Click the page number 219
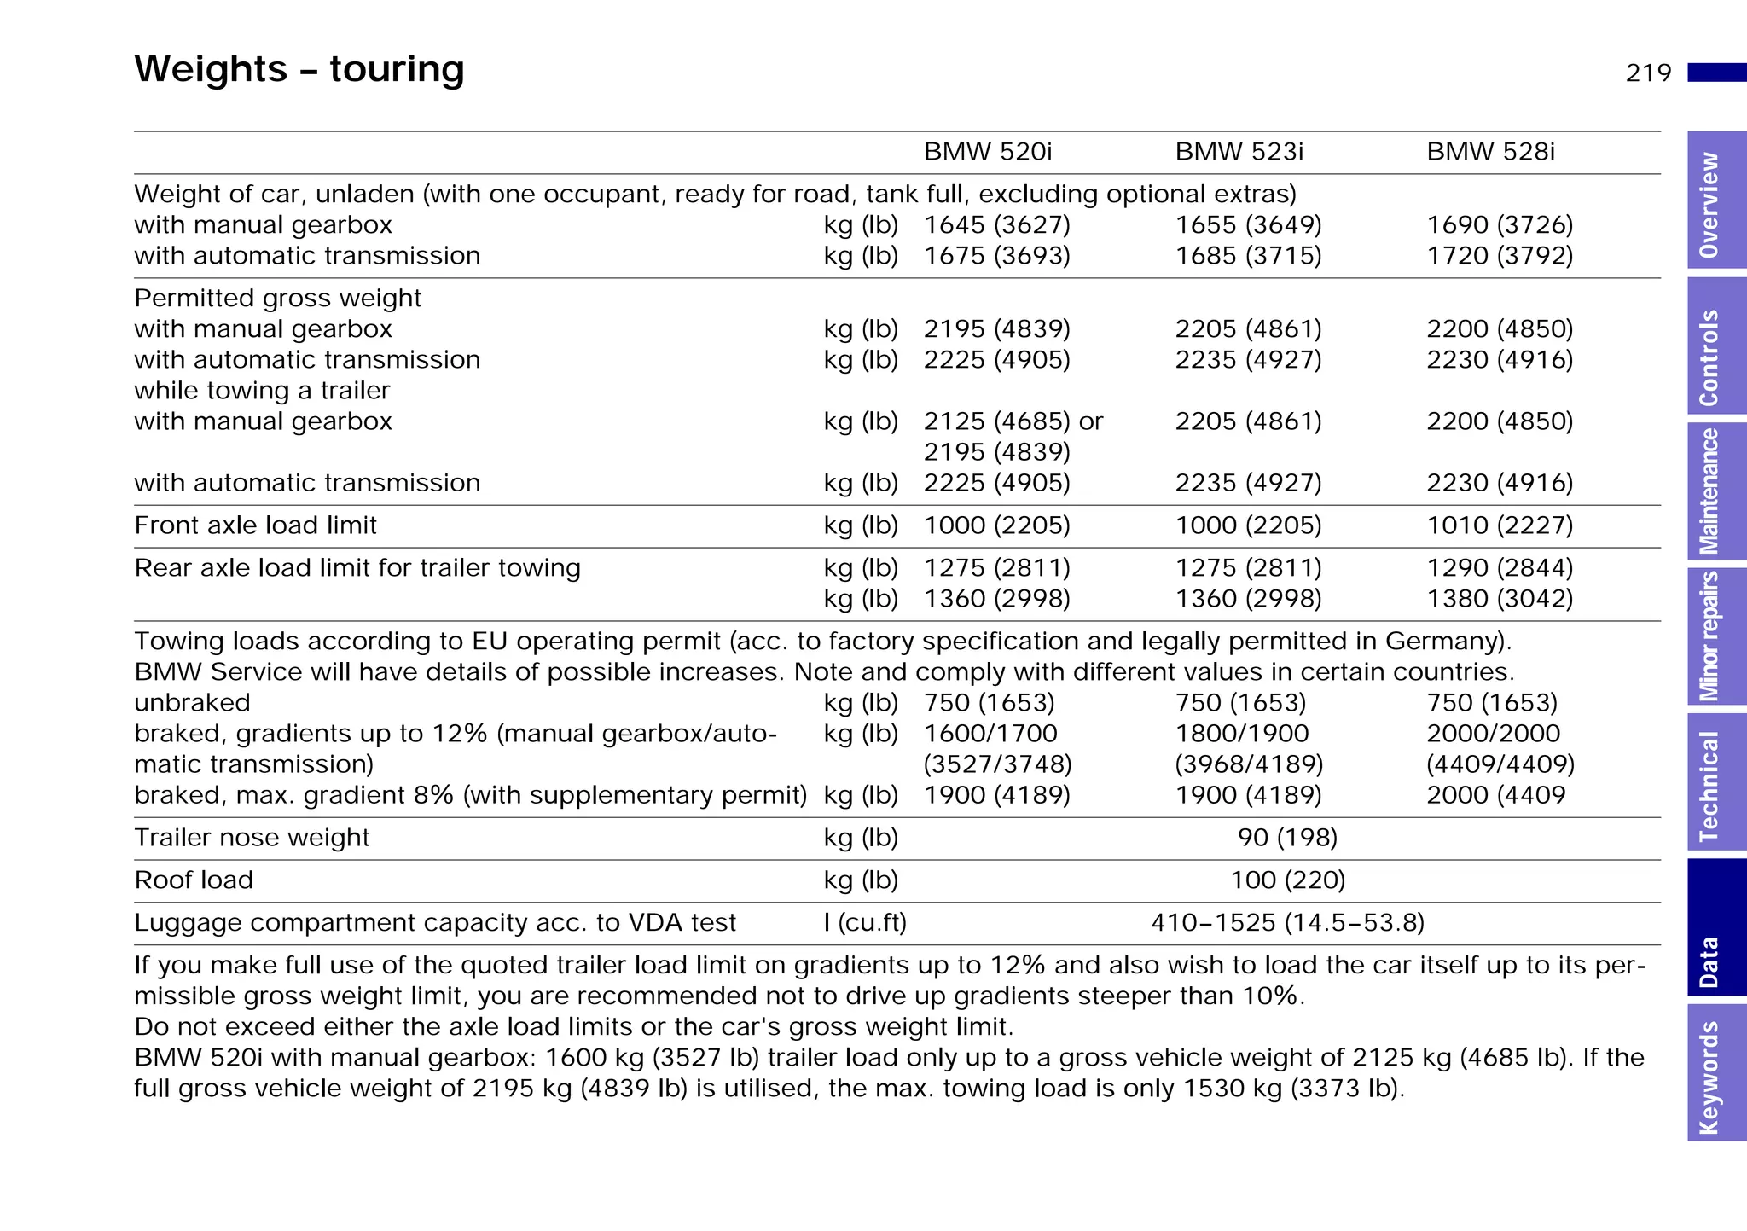(1648, 73)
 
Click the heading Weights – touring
(299, 69)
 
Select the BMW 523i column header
(1239, 152)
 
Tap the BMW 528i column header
(1490, 152)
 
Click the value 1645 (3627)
(996, 225)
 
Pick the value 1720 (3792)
(1500, 256)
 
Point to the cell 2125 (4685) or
(1013, 421)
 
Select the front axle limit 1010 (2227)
(1500, 525)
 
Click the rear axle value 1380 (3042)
(1500, 599)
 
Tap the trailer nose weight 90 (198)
(1287, 838)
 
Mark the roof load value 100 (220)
(1287, 880)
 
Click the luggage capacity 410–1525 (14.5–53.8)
(1287, 923)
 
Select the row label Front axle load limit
(255, 525)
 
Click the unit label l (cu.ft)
(864, 923)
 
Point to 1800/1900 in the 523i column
(1241, 734)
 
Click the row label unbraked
(192, 703)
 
